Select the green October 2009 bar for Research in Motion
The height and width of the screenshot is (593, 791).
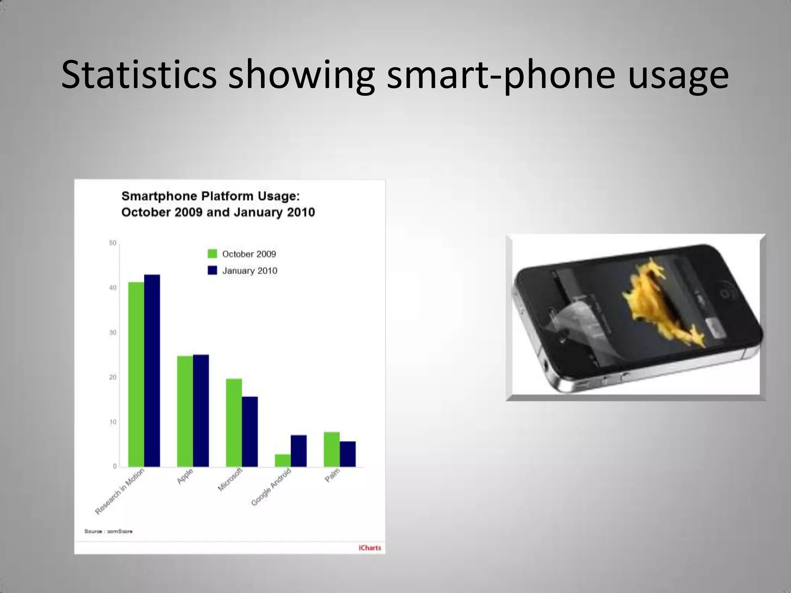click(x=136, y=374)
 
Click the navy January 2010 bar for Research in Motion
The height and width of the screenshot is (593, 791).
click(x=152, y=371)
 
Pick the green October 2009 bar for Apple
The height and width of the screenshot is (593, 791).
click(x=185, y=411)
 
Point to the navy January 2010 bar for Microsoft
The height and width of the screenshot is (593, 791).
click(x=250, y=432)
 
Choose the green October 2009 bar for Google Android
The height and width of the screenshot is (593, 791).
click(x=283, y=461)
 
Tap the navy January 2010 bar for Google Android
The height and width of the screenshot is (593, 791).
click(x=299, y=451)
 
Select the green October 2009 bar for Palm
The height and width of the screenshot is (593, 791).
click(x=331, y=449)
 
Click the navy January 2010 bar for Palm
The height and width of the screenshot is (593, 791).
click(x=348, y=454)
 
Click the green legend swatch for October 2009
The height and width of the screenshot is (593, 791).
click(x=212, y=254)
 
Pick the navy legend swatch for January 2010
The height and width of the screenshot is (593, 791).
click(x=212, y=270)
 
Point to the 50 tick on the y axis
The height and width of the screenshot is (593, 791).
click(x=112, y=243)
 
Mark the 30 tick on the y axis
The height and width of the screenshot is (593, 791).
click(x=112, y=332)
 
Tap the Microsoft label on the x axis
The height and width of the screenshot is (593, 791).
click(x=230, y=479)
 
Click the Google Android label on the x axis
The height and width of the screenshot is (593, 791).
click(x=271, y=487)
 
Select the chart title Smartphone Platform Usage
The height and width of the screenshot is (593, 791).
click(x=211, y=196)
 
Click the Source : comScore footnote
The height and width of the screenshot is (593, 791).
click(x=109, y=531)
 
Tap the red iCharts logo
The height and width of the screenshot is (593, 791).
click(x=370, y=547)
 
